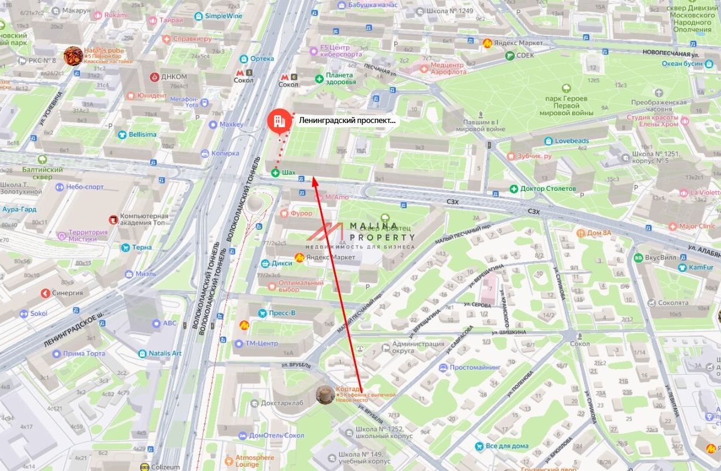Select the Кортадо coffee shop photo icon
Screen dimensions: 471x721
(325, 394)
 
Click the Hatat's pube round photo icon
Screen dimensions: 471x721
(73, 56)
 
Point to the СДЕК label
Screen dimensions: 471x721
(525, 55)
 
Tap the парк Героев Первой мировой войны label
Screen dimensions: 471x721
(567, 105)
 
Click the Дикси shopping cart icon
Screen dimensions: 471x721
(265, 263)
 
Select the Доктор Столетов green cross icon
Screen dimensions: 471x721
(514, 188)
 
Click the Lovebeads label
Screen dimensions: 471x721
(571, 141)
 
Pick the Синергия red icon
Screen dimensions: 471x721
(45, 293)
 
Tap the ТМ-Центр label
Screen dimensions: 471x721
(261, 343)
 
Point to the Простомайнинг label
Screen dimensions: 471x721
(475, 367)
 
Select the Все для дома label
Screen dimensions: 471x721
(507, 446)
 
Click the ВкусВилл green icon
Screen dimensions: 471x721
(638, 257)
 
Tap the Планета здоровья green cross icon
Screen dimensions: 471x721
(320, 79)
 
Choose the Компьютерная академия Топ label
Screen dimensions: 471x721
(144, 219)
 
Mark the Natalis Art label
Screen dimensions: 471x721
(165, 353)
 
